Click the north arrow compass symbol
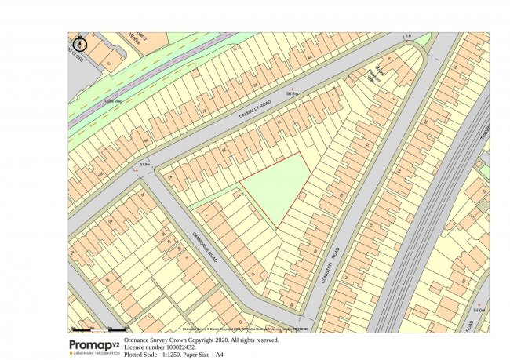pyautogui.click(x=84, y=44)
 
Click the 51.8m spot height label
pyautogui.click(x=144, y=164)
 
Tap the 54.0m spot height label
pyautogui.click(x=479, y=311)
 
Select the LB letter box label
pyautogui.click(x=408, y=36)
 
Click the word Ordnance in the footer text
pyautogui.click(x=140, y=340)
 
